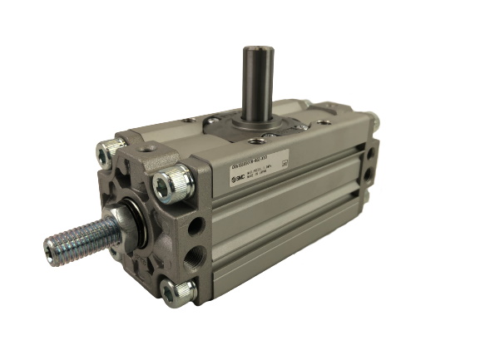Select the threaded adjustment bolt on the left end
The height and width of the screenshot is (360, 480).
[x=79, y=234]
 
